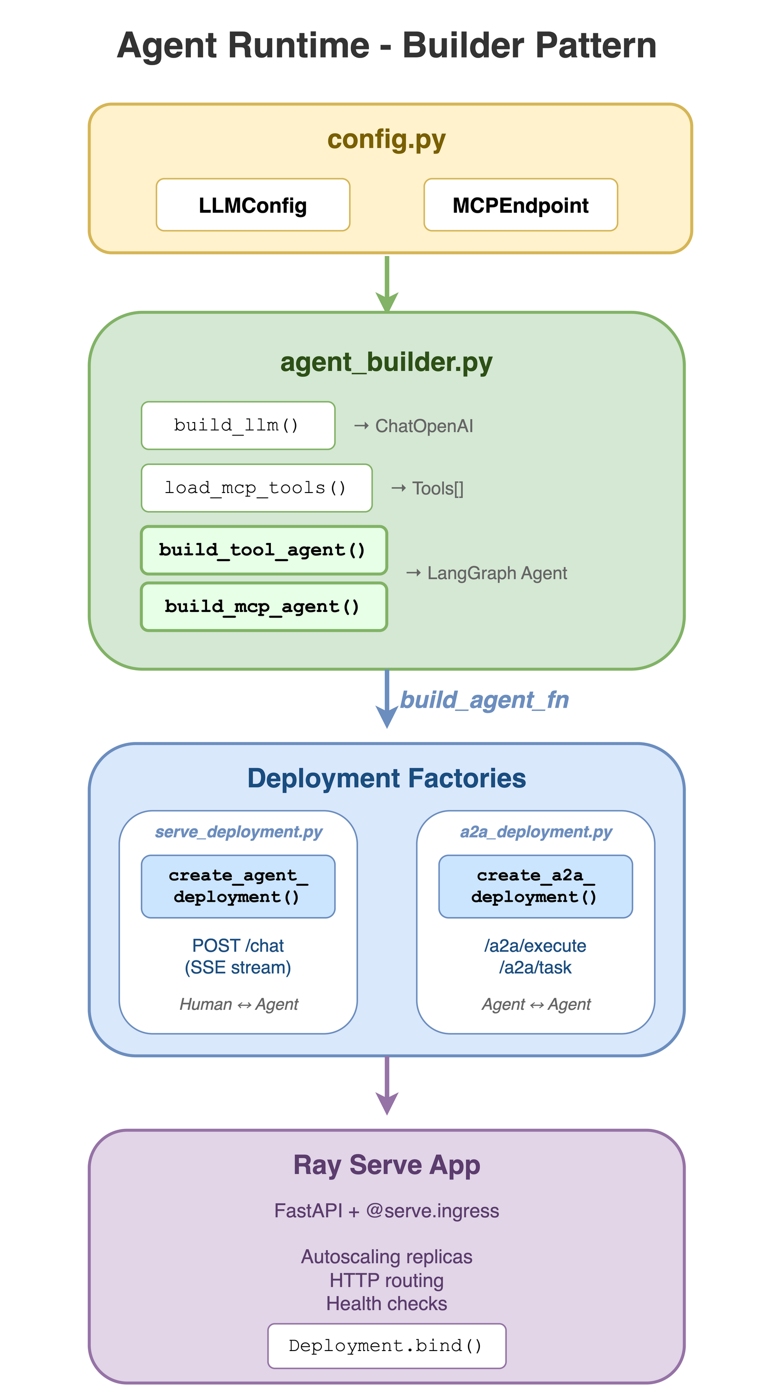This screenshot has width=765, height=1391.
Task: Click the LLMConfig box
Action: click(x=253, y=205)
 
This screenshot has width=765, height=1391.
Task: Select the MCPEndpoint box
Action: click(x=520, y=205)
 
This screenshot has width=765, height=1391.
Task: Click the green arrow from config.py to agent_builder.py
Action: click(x=387, y=283)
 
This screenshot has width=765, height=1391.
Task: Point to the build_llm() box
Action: click(x=238, y=425)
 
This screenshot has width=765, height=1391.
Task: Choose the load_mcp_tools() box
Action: click(x=256, y=488)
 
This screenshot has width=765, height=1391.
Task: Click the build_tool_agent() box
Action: click(x=264, y=550)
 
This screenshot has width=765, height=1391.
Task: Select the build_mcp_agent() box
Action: click(x=264, y=607)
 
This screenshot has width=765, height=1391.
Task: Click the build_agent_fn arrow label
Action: click(x=484, y=700)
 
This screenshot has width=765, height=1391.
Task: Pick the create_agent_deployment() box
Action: click(x=238, y=886)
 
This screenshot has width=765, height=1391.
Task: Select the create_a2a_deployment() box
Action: click(x=535, y=886)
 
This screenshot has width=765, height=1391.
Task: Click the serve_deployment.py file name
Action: click(x=238, y=831)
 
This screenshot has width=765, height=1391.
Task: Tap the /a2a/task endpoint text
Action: click(x=535, y=967)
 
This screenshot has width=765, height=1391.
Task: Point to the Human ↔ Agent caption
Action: click(x=238, y=1005)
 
